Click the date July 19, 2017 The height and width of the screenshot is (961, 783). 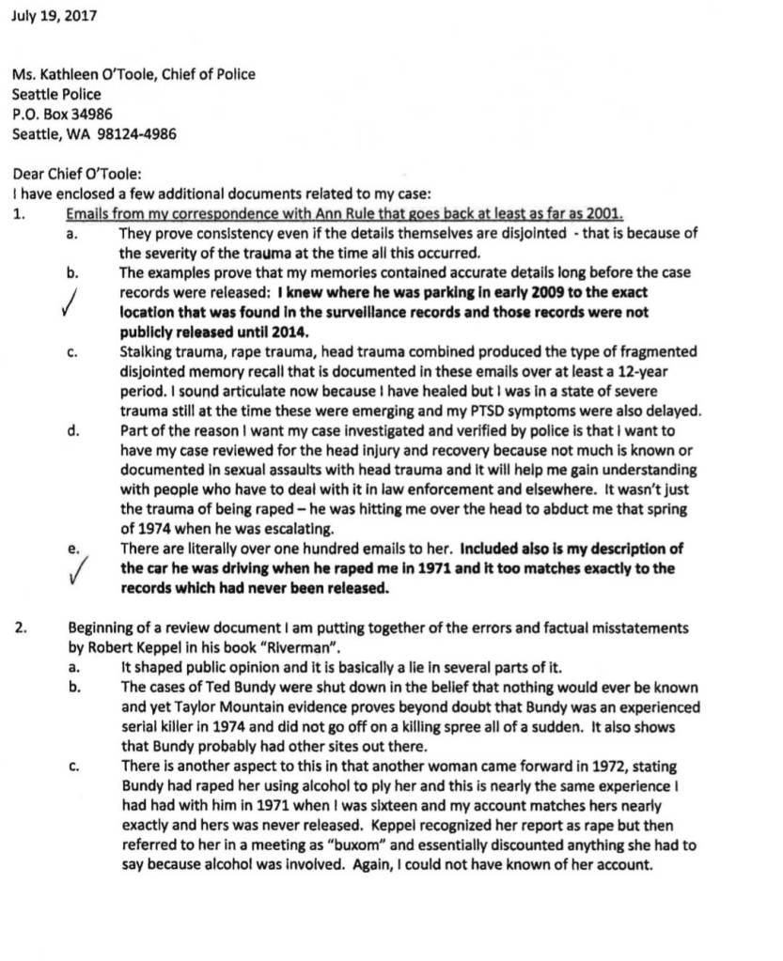click(54, 16)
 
